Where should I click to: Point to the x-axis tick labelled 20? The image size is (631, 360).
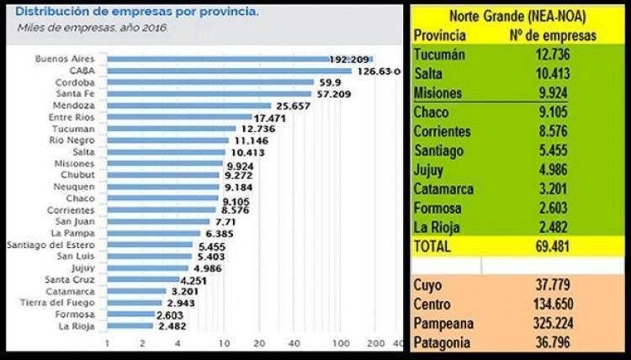click(x=259, y=343)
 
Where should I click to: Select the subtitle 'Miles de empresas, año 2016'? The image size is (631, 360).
click(x=93, y=28)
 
